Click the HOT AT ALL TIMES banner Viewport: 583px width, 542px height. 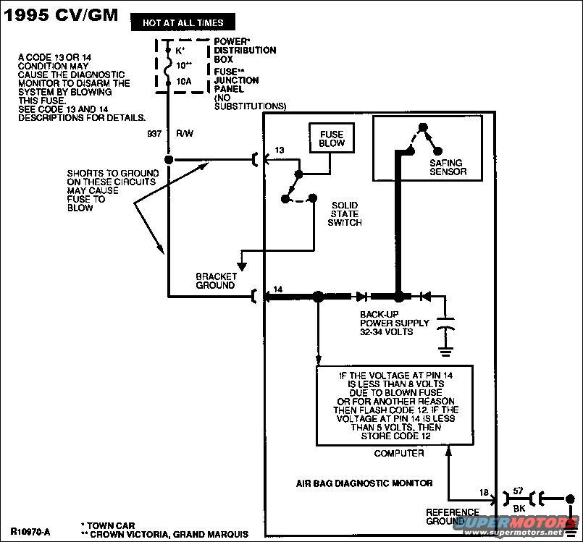pyautogui.click(x=183, y=23)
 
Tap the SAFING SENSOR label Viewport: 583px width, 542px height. pyautogui.click(x=447, y=167)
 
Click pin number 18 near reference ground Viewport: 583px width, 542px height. pyautogui.click(x=484, y=492)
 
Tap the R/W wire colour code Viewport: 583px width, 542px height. pyautogui.click(x=183, y=134)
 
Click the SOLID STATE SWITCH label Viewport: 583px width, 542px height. pyautogui.click(x=345, y=213)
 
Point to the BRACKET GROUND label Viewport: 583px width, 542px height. pyautogui.click(x=215, y=281)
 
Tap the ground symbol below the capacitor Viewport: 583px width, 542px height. pyautogui.click(x=445, y=352)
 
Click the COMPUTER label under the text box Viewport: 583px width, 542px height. pyautogui.click(x=398, y=454)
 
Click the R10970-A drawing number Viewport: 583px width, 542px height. pyautogui.click(x=30, y=531)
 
